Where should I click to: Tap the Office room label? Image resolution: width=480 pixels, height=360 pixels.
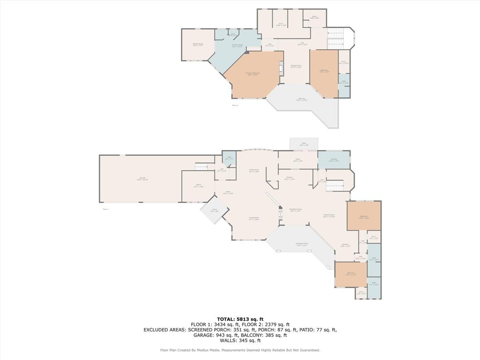(198, 186)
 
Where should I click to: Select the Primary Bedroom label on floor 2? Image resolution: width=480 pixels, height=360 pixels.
(253, 74)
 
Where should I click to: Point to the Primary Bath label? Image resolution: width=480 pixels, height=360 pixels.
(237, 45)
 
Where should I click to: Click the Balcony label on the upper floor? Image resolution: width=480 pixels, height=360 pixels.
(302, 99)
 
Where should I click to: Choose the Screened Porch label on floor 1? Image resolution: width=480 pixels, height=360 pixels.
(302, 244)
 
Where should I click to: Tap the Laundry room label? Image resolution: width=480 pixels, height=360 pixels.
(333, 160)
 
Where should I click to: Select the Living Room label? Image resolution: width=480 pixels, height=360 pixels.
(254, 218)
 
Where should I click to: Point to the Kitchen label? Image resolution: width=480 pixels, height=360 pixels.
(290, 178)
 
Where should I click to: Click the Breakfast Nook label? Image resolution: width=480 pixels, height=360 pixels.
(295, 210)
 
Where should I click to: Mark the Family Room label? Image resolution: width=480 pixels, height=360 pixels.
(329, 216)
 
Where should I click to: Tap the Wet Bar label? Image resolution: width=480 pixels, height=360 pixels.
(345, 245)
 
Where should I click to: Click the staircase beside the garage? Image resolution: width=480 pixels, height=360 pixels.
(201, 167)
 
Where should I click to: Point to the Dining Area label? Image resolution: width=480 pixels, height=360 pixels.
(254, 171)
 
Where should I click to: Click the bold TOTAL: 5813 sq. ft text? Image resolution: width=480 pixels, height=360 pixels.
(240, 319)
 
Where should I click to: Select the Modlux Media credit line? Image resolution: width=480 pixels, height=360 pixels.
(240, 350)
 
